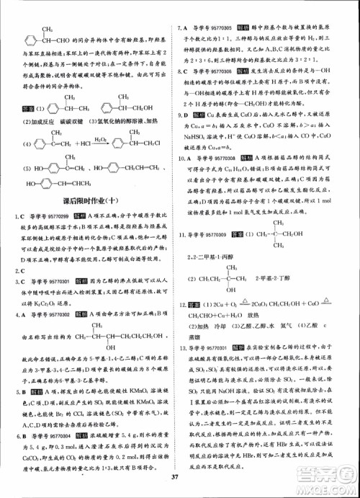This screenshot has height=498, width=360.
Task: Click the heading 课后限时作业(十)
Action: pos(90,201)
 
